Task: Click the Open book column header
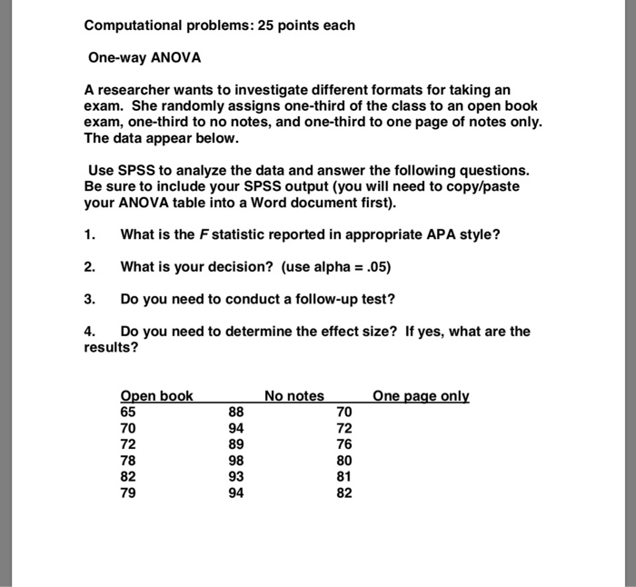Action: (156, 396)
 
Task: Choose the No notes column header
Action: (293, 396)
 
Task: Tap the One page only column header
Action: (421, 396)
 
